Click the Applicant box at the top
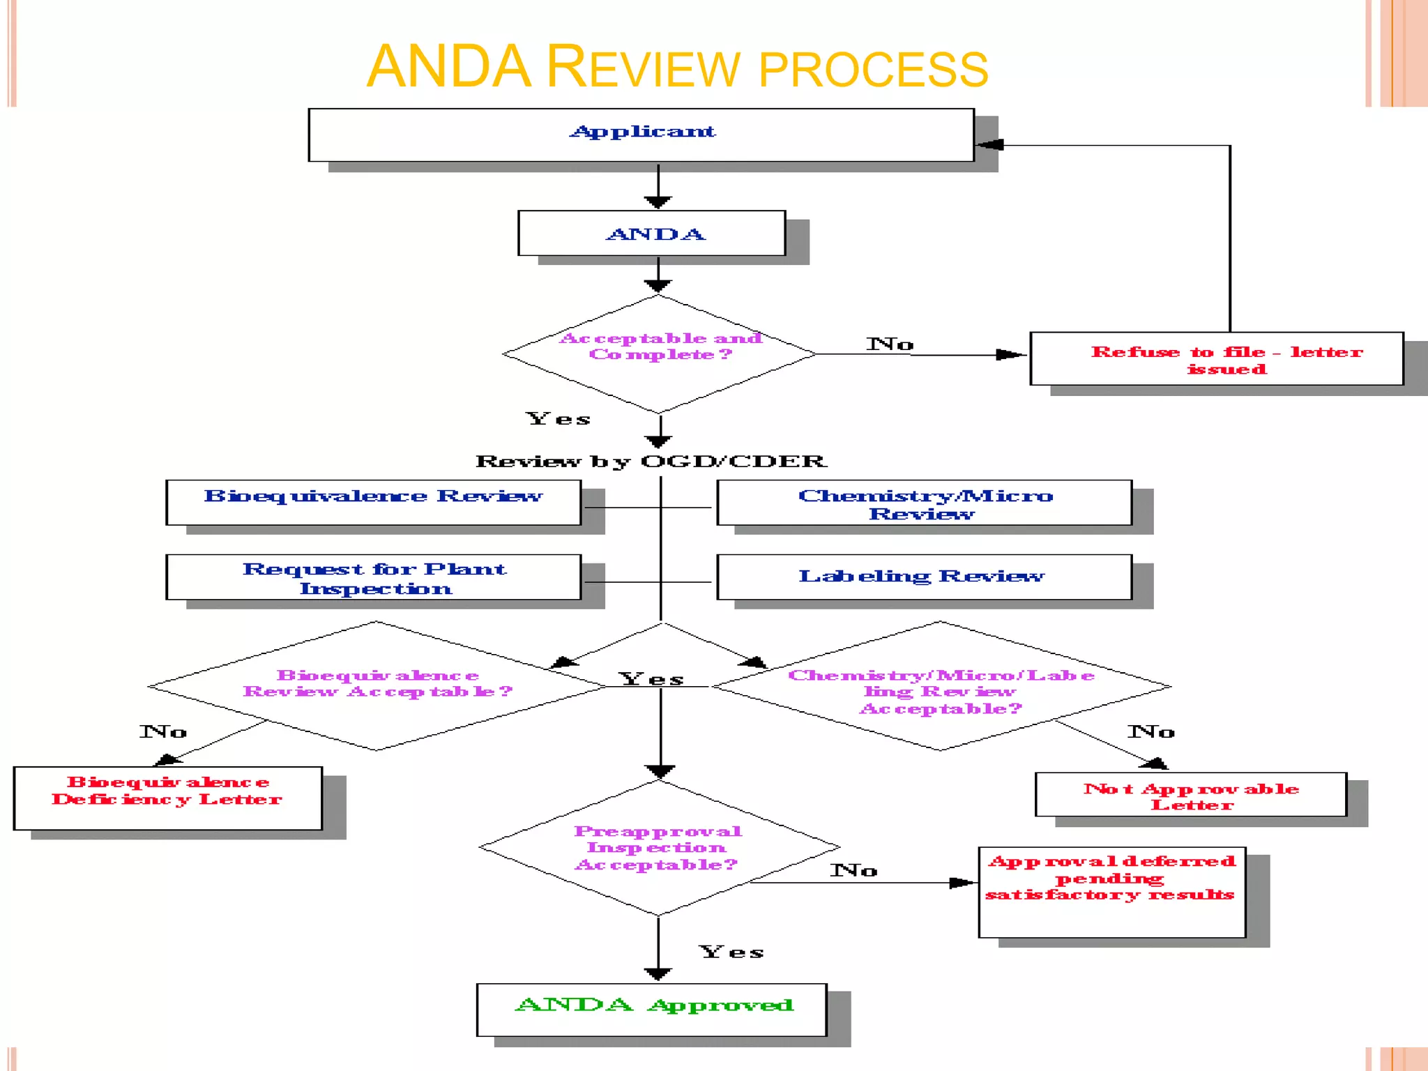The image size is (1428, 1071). point(641,135)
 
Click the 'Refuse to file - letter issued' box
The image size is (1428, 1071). point(1217,358)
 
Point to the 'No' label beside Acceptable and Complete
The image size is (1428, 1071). point(890,344)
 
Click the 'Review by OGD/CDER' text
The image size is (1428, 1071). point(651,462)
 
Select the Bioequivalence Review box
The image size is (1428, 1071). point(373,502)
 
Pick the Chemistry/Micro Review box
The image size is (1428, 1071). point(924,503)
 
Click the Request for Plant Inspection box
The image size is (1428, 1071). point(373,577)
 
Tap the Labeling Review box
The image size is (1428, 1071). point(924,577)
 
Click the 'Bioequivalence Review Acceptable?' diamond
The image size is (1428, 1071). point(377,685)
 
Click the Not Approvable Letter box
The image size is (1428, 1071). point(1191,795)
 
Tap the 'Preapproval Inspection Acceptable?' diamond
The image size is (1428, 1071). point(658,847)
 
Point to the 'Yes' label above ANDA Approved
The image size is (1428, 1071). point(731,952)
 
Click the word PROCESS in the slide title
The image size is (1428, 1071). point(873,70)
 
